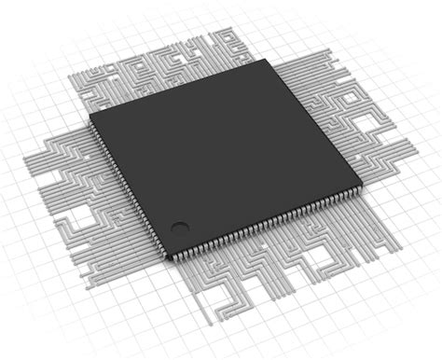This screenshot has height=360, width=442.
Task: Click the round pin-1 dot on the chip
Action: point(178,225)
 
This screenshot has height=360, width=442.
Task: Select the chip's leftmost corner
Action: point(90,117)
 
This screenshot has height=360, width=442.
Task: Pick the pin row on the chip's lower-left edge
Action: point(128,187)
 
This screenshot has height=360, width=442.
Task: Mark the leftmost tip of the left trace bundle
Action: point(26,160)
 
